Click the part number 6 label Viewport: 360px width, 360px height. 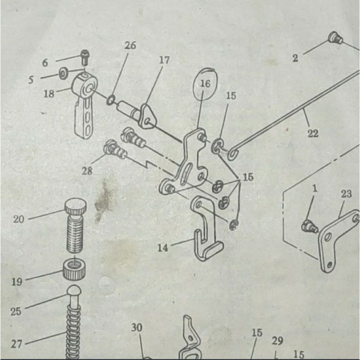pos(45,63)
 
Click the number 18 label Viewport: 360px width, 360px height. pos(49,94)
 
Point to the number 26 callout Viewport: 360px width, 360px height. pos(130,45)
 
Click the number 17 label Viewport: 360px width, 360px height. pos(164,60)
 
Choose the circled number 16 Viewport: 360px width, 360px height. pos(205,84)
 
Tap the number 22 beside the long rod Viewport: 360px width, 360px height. pos(313,133)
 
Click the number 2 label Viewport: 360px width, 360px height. pos(295,58)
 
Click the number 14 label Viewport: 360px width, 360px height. pos(162,247)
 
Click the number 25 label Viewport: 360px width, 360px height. pos(16,311)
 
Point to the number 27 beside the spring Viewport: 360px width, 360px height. pos(17,344)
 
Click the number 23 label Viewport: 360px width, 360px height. pos(346,193)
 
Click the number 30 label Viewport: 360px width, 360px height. pos(137,328)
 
